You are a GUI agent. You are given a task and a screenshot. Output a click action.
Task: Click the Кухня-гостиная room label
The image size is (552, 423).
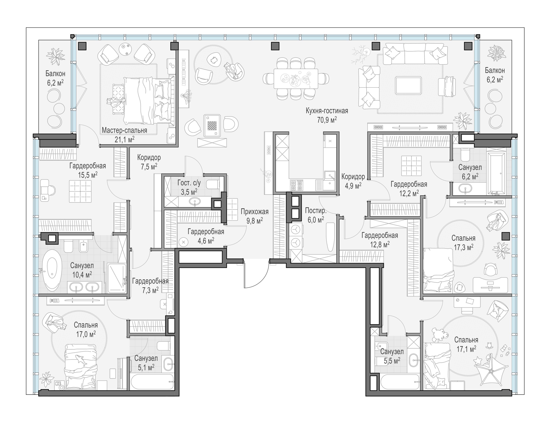point(327,111)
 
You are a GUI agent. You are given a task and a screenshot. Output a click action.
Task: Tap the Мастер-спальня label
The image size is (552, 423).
point(124,130)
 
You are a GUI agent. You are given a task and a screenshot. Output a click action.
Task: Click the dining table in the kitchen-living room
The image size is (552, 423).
point(296,78)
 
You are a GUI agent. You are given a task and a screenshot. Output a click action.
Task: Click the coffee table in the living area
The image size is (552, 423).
point(408,86)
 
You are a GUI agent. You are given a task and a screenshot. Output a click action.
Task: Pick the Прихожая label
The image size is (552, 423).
point(255,212)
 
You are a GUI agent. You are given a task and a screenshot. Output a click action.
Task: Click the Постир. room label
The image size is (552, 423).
point(316,210)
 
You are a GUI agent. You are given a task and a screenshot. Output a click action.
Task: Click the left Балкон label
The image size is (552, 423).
point(55,74)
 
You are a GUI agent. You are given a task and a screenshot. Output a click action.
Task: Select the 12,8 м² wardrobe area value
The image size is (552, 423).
point(380,244)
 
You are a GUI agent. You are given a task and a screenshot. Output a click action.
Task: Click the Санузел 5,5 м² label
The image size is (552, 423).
point(392,356)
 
